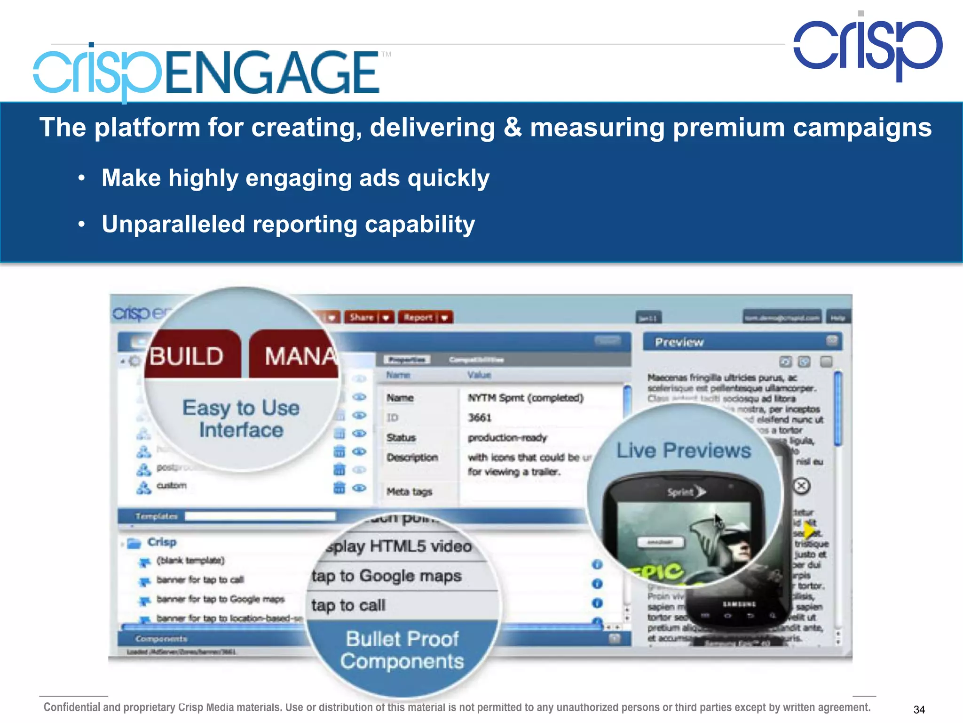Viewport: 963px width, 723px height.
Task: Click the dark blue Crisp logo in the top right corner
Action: point(868,47)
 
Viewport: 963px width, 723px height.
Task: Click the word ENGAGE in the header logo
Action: point(272,73)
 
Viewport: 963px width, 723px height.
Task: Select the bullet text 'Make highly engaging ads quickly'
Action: point(295,178)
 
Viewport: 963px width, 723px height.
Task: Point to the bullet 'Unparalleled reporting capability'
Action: point(288,224)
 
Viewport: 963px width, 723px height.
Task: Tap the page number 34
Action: point(919,709)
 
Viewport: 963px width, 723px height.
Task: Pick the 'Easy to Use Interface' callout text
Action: point(241,418)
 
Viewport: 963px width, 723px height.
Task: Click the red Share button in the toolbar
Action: point(362,317)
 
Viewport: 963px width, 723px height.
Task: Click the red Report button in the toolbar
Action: point(418,317)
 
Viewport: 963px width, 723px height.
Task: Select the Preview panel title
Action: point(679,342)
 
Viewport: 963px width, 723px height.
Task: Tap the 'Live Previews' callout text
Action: point(683,450)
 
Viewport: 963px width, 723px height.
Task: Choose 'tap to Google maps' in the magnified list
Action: point(387,576)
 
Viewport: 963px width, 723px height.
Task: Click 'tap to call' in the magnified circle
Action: point(348,605)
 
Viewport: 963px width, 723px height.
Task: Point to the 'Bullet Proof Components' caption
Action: point(402,650)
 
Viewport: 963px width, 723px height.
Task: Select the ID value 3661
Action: point(479,418)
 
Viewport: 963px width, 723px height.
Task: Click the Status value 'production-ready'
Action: point(507,438)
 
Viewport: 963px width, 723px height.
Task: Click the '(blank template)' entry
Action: point(190,561)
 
